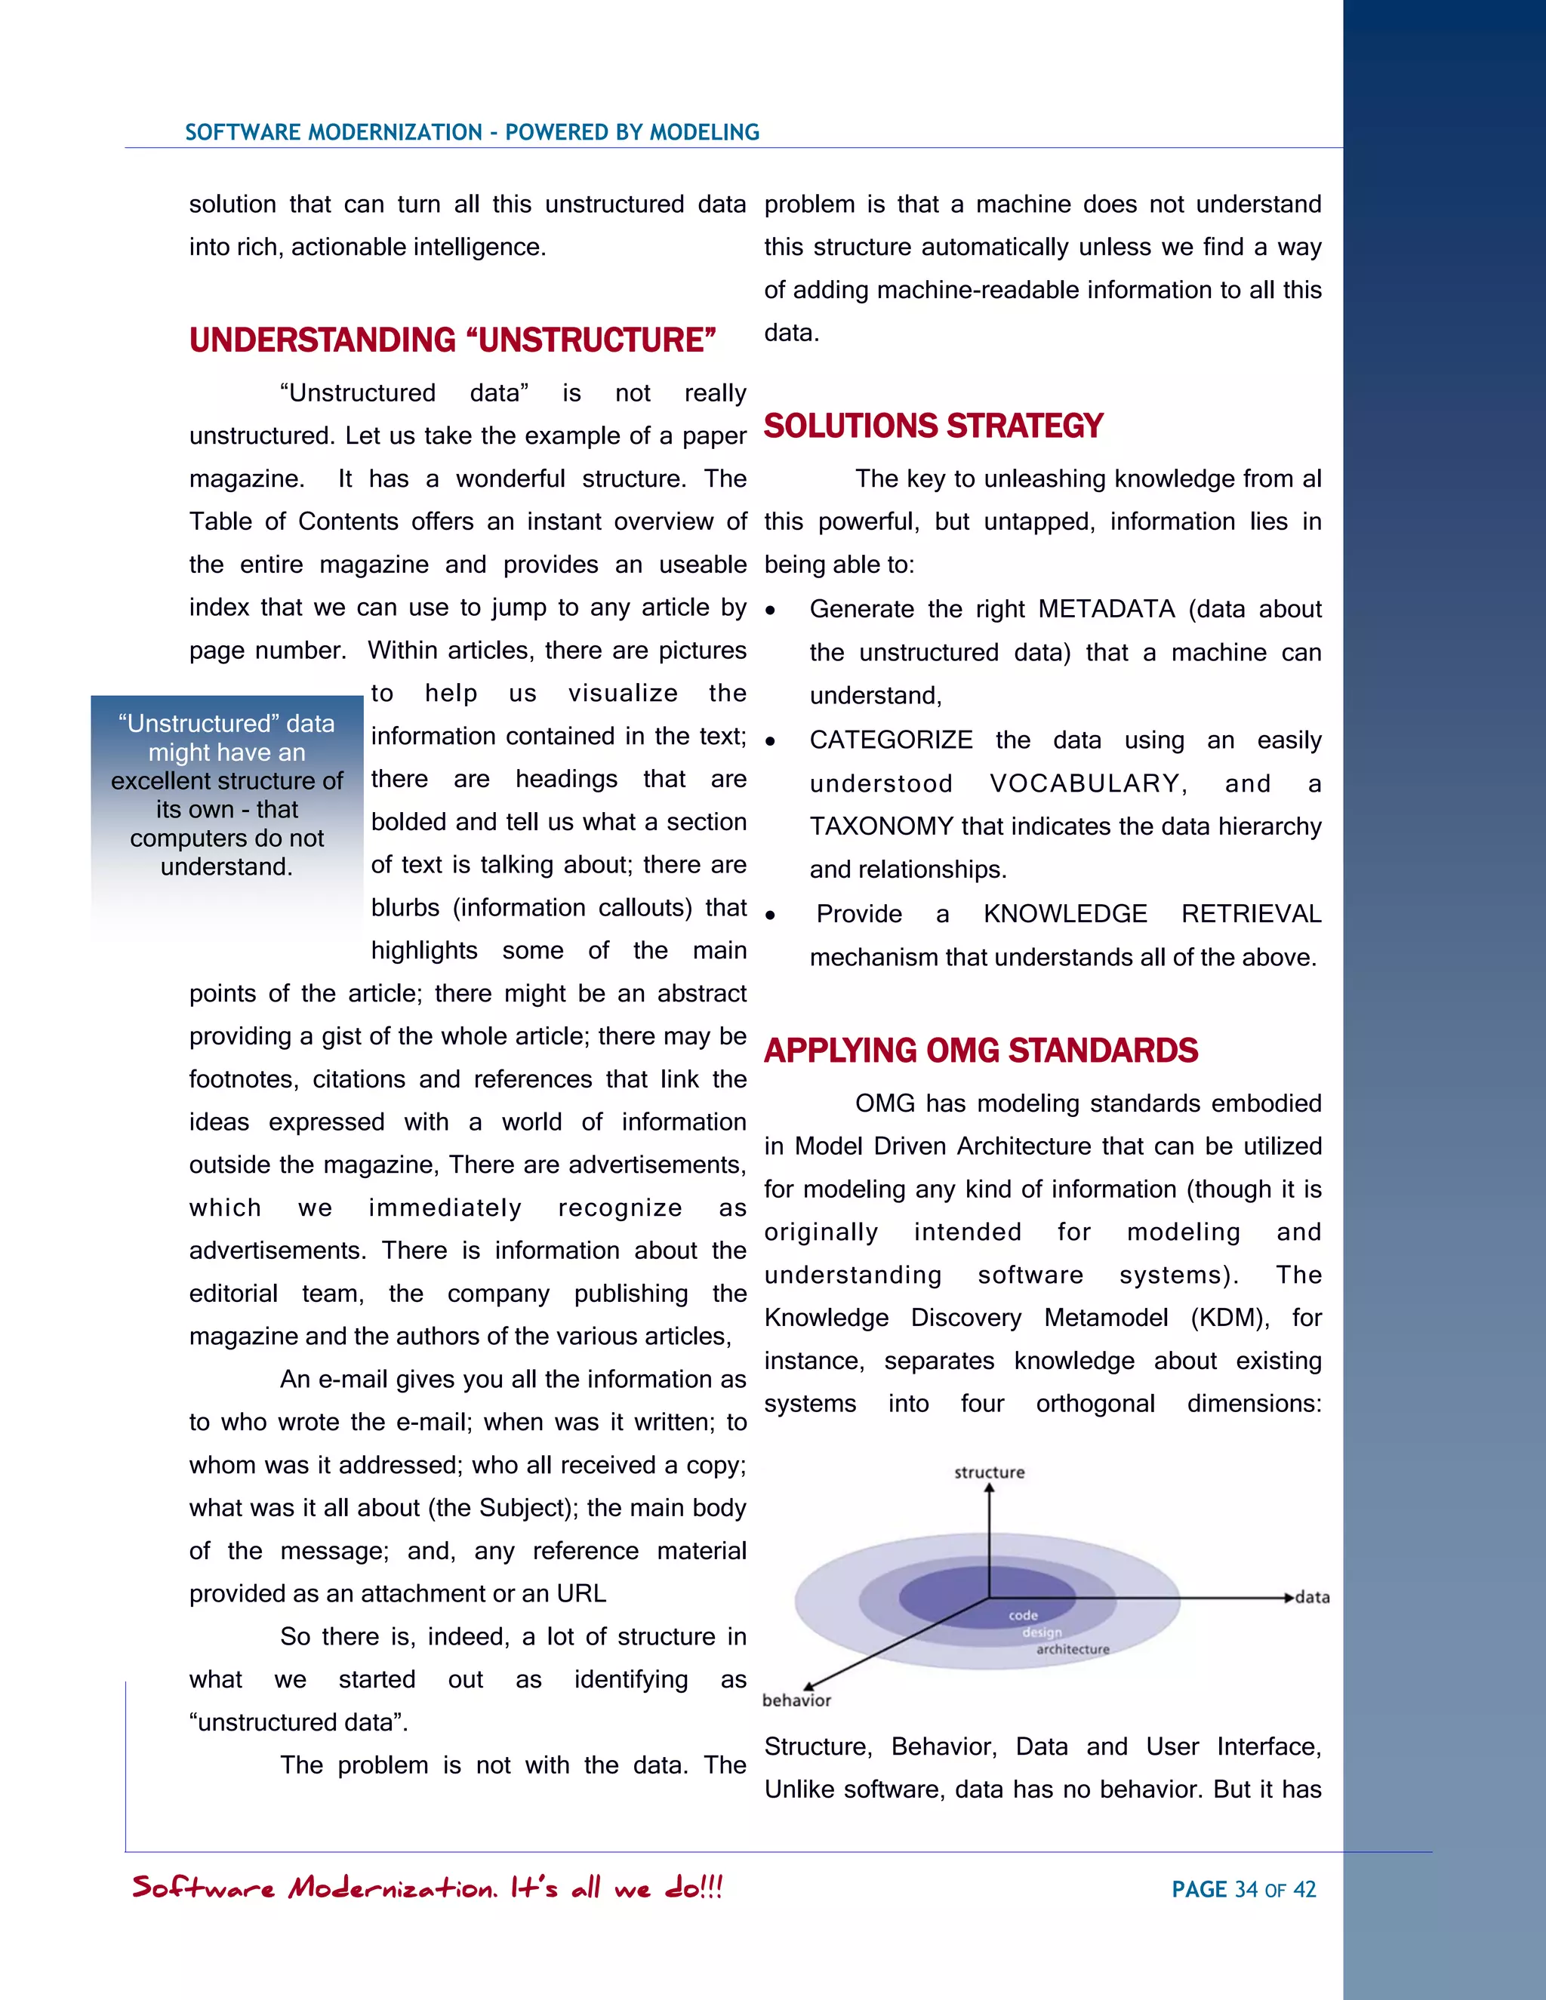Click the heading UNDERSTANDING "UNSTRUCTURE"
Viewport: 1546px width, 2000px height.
pos(452,340)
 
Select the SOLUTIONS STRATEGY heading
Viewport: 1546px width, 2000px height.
pos(933,426)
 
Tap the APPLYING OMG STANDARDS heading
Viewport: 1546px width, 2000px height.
pos(981,1051)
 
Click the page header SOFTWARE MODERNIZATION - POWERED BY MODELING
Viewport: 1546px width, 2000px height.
pos(472,132)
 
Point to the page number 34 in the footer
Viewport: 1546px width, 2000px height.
pos(1246,1889)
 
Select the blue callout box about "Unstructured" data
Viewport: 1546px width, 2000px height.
pos(227,795)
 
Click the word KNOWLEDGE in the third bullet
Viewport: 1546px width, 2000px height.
pos(1064,914)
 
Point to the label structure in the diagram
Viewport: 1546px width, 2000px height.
pos(989,1472)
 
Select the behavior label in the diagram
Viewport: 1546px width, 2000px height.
pos(796,1700)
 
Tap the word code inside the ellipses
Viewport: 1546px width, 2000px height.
pos(1023,1615)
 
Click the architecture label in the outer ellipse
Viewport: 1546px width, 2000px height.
pos(1073,1649)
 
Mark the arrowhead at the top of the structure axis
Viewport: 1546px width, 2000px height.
pos(989,1489)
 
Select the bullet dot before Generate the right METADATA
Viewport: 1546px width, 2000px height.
pos(771,611)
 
